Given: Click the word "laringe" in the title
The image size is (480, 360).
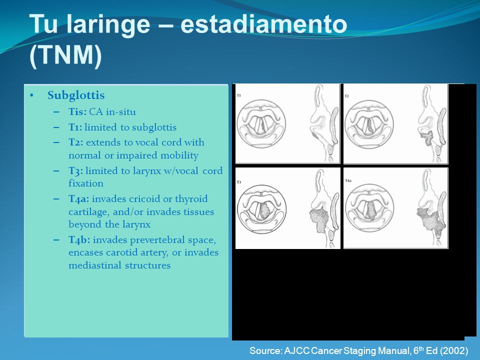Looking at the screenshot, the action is coord(108,25).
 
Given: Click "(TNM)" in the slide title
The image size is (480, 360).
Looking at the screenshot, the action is coord(65,55).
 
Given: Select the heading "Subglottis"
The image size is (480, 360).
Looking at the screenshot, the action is coord(76,95).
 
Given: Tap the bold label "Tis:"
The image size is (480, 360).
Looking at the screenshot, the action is coord(77,111).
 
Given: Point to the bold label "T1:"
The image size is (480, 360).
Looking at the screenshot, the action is coord(75,127).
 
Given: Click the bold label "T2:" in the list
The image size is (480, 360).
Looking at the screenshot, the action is coord(76,142).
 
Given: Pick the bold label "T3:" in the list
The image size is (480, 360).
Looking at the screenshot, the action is coord(76,170).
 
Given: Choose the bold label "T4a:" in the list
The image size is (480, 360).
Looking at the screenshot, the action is coord(79,198).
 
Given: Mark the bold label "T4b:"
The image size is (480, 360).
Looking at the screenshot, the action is coord(79,239).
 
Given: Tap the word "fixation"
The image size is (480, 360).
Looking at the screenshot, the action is coord(86,183).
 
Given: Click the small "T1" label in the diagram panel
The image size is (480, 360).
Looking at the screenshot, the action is coord(239,95).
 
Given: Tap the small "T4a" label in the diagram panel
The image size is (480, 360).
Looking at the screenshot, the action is coord(348,180).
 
